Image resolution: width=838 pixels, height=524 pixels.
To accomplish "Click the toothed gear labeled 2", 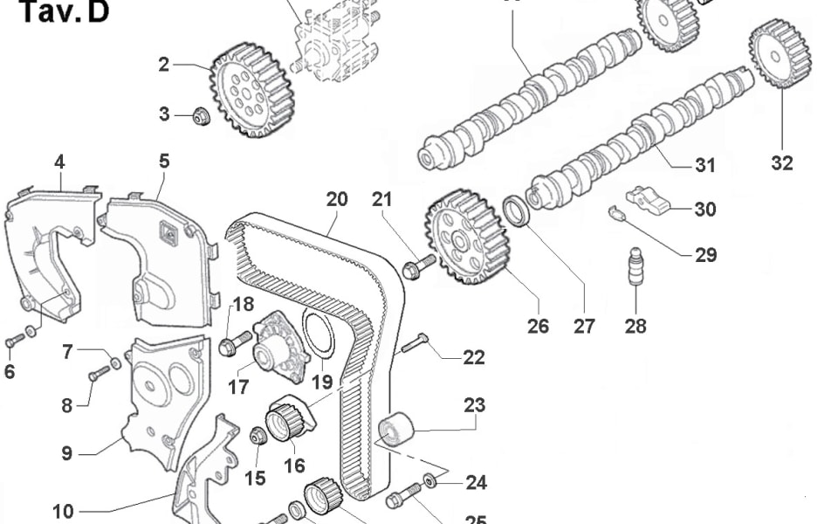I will [250, 90].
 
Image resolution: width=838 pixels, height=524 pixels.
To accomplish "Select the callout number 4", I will [59, 162].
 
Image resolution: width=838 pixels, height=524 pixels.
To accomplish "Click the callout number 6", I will [10, 372].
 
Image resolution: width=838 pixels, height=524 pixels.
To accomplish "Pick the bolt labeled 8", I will [100, 374].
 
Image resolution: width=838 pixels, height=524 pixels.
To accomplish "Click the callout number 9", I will [65, 453].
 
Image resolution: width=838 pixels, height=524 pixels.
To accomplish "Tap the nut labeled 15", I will [258, 434].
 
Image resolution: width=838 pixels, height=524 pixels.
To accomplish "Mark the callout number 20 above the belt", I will [337, 199].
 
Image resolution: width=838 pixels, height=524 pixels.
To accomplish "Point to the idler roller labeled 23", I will [395, 431].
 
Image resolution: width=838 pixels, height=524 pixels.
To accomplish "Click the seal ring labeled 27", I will [517, 212].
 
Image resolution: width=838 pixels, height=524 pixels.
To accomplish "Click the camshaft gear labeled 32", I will [780, 53].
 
